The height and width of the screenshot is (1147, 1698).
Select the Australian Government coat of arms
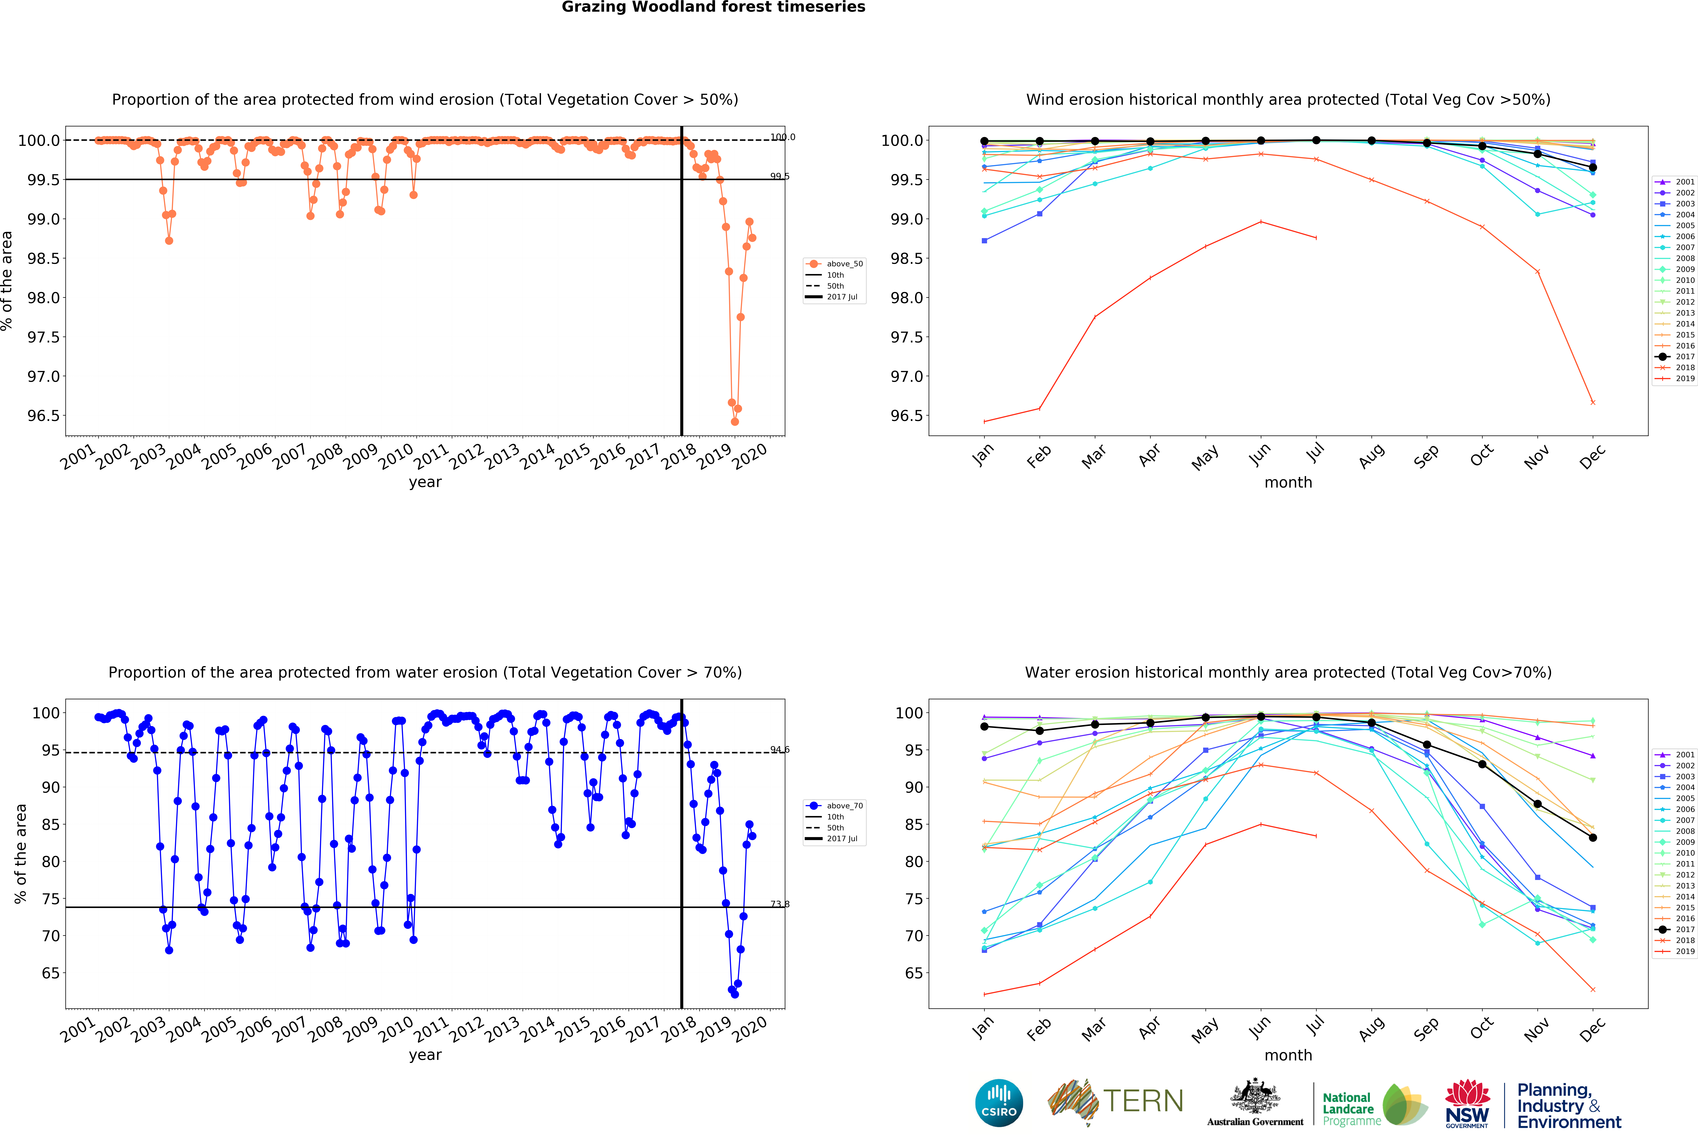pyautogui.click(x=1255, y=1097)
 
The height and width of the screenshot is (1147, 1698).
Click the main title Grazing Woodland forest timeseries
pyautogui.click(x=713, y=7)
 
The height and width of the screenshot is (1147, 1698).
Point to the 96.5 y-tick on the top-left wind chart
pyautogui.click(x=43, y=416)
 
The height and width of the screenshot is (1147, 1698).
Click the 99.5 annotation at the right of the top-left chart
pyautogui.click(x=780, y=176)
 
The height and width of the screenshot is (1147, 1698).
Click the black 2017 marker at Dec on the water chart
pyautogui.click(x=1593, y=838)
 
